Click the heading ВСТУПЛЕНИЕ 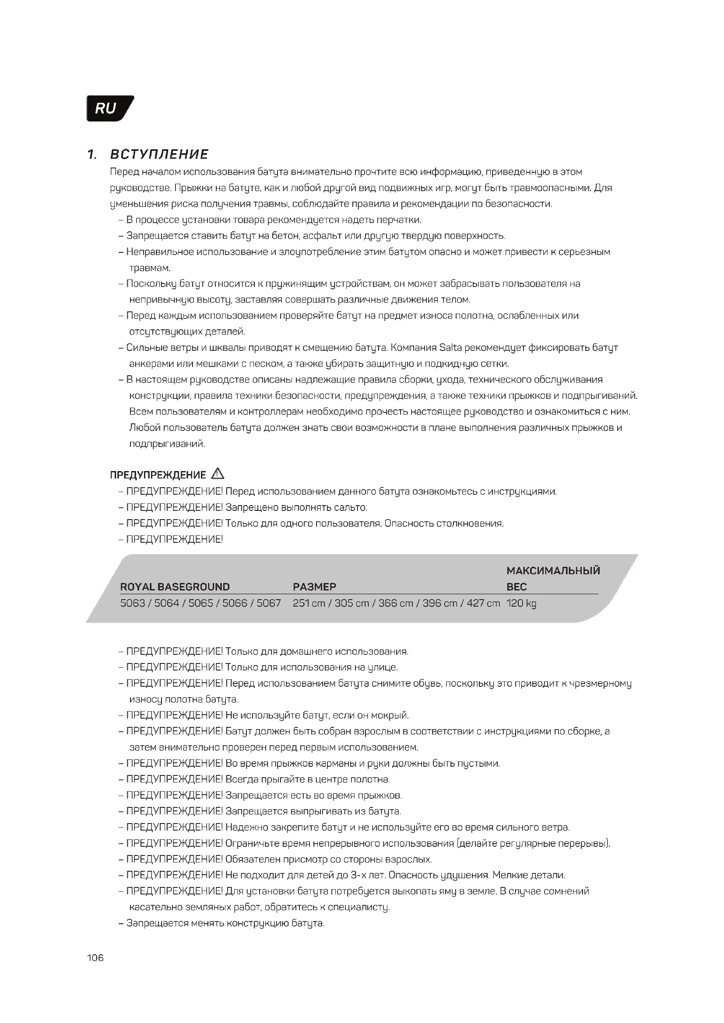point(159,154)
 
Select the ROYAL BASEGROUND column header point(175,587)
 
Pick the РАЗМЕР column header point(314,587)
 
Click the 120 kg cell point(521,603)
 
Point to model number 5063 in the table point(132,603)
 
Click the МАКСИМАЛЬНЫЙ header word point(553,571)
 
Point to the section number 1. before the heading point(92,154)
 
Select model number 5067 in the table point(268,603)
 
